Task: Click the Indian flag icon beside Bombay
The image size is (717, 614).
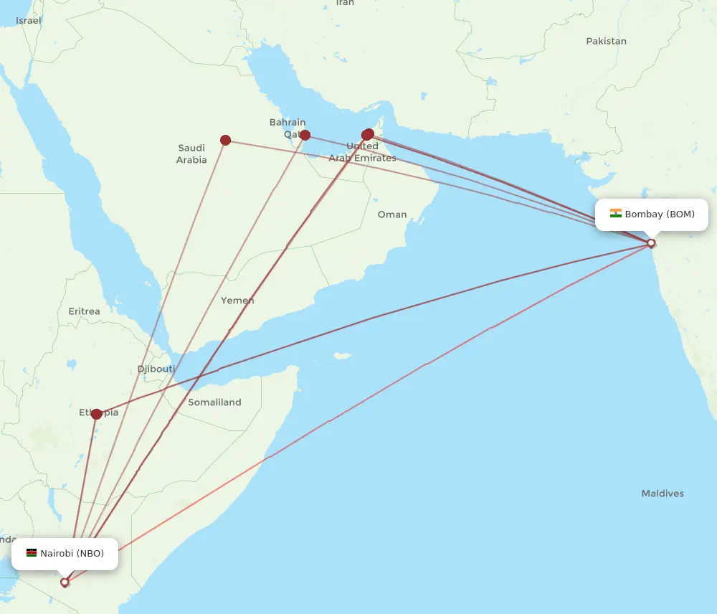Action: [x=616, y=214]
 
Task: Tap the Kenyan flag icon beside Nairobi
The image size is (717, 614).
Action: [x=32, y=553]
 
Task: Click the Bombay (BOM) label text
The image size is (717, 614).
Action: [x=660, y=214]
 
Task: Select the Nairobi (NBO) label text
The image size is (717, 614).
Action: [x=72, y=553]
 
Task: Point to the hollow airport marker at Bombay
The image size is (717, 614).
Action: [x=651, y=243]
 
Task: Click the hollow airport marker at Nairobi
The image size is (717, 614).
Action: [x=65, y=582]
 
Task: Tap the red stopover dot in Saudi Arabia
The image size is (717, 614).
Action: [x=225, y=140]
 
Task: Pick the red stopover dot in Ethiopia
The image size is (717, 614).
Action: [x=96, y=414]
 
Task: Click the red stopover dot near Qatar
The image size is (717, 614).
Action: [x=305, y=135]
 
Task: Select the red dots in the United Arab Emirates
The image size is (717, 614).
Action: [x=368, y=134]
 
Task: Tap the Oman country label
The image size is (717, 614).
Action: [x=392, y=214]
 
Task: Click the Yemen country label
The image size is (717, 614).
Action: [x=237, y=301]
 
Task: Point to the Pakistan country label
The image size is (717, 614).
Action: [x=606, y=41]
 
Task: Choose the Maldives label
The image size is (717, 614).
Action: [x=663, y=493]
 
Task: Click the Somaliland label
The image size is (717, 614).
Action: [x=214, y=402]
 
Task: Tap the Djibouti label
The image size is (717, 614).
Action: [x=156, y=369]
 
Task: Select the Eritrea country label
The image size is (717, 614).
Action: [x=84, y=311]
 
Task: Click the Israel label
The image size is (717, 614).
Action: [x=29, y=20]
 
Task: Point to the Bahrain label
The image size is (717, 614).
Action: [x=288, y=123]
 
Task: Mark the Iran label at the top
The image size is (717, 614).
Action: [x=345, y=3]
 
